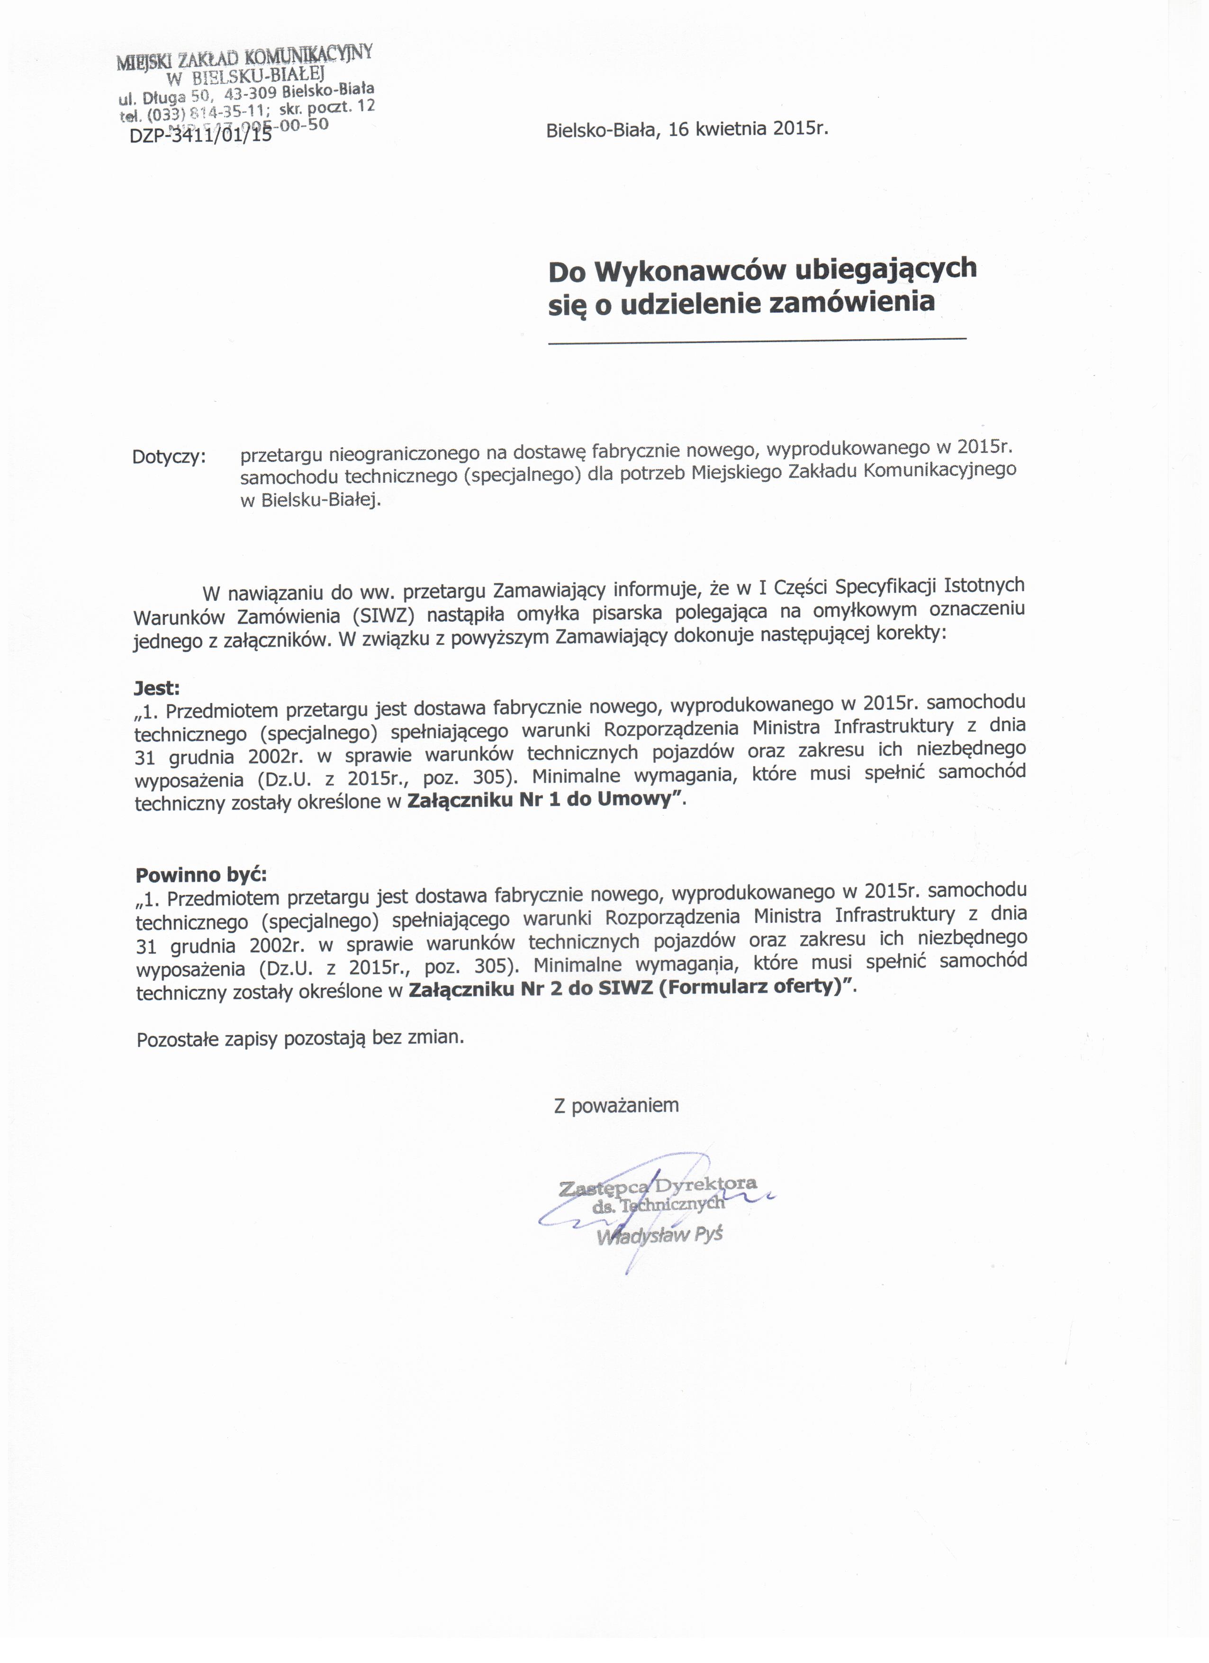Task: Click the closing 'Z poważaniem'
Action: click(616, 1105)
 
